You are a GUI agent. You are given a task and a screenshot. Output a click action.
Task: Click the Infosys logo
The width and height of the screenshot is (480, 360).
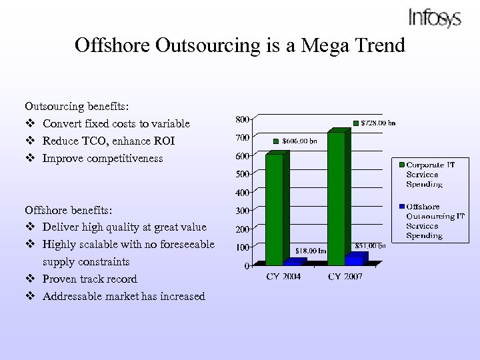pyautogui.click(x=434, y=18)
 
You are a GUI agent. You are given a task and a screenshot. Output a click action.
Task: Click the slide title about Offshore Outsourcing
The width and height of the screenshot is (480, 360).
pyautogui.click(x=240, y=45)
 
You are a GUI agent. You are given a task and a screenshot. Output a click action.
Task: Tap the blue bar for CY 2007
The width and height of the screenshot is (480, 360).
pyautogui.click(x=355, y=259)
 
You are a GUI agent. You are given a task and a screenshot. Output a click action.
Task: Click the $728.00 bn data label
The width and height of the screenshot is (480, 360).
pyautogui.click(x=378, y=123)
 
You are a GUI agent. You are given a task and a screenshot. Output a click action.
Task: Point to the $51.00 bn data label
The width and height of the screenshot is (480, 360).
pyautogui.click(x=370, y=245)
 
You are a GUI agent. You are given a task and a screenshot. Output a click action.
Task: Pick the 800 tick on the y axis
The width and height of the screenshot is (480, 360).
pyautogui.click(x=242, y=119)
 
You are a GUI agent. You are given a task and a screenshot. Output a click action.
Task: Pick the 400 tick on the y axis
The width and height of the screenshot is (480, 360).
pyautogui.click(x=242, y=193)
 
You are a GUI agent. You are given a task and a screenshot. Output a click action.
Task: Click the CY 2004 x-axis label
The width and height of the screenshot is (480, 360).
pyautogui.click(x=283, y=276)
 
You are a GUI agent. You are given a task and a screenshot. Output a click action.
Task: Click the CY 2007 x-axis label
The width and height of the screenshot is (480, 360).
pyautogui.click(x=345, y=276)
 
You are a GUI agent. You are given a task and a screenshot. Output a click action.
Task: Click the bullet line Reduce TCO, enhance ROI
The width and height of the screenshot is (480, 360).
pyautogui.click(x=109, y=141)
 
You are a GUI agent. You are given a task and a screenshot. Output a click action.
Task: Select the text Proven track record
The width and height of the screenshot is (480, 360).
pyautogui.click(x=90, y=279)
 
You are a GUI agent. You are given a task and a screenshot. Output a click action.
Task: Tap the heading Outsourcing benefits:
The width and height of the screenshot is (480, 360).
pyautogui.click(x=77, y=106)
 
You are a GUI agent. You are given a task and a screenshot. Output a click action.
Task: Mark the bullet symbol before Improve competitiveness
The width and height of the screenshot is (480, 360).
pyautogui.click(x=29, y=158)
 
